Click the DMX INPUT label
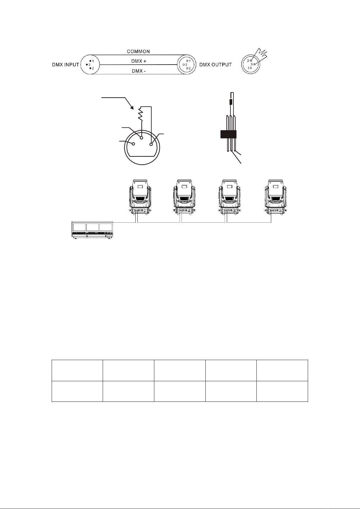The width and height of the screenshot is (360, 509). (66, 65)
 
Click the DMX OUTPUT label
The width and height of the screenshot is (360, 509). (216, 65)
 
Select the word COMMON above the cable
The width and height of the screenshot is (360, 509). (138, 52)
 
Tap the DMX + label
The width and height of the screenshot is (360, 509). (139, 61)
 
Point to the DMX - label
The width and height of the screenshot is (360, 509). (139, 71)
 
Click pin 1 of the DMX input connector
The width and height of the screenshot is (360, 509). (90, 61)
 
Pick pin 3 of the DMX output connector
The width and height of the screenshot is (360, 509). (184, 65)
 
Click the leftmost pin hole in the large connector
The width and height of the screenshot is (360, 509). (133, 143)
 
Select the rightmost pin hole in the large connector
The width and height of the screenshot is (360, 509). (151, 144)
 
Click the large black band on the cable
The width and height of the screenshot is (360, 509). (229, 134)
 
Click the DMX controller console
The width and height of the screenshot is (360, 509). (92, 230)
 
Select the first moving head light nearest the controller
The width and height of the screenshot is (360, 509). (140, 197)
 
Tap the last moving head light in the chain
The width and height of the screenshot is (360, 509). (276, 197)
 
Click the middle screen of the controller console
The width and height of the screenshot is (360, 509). (93, 227)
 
